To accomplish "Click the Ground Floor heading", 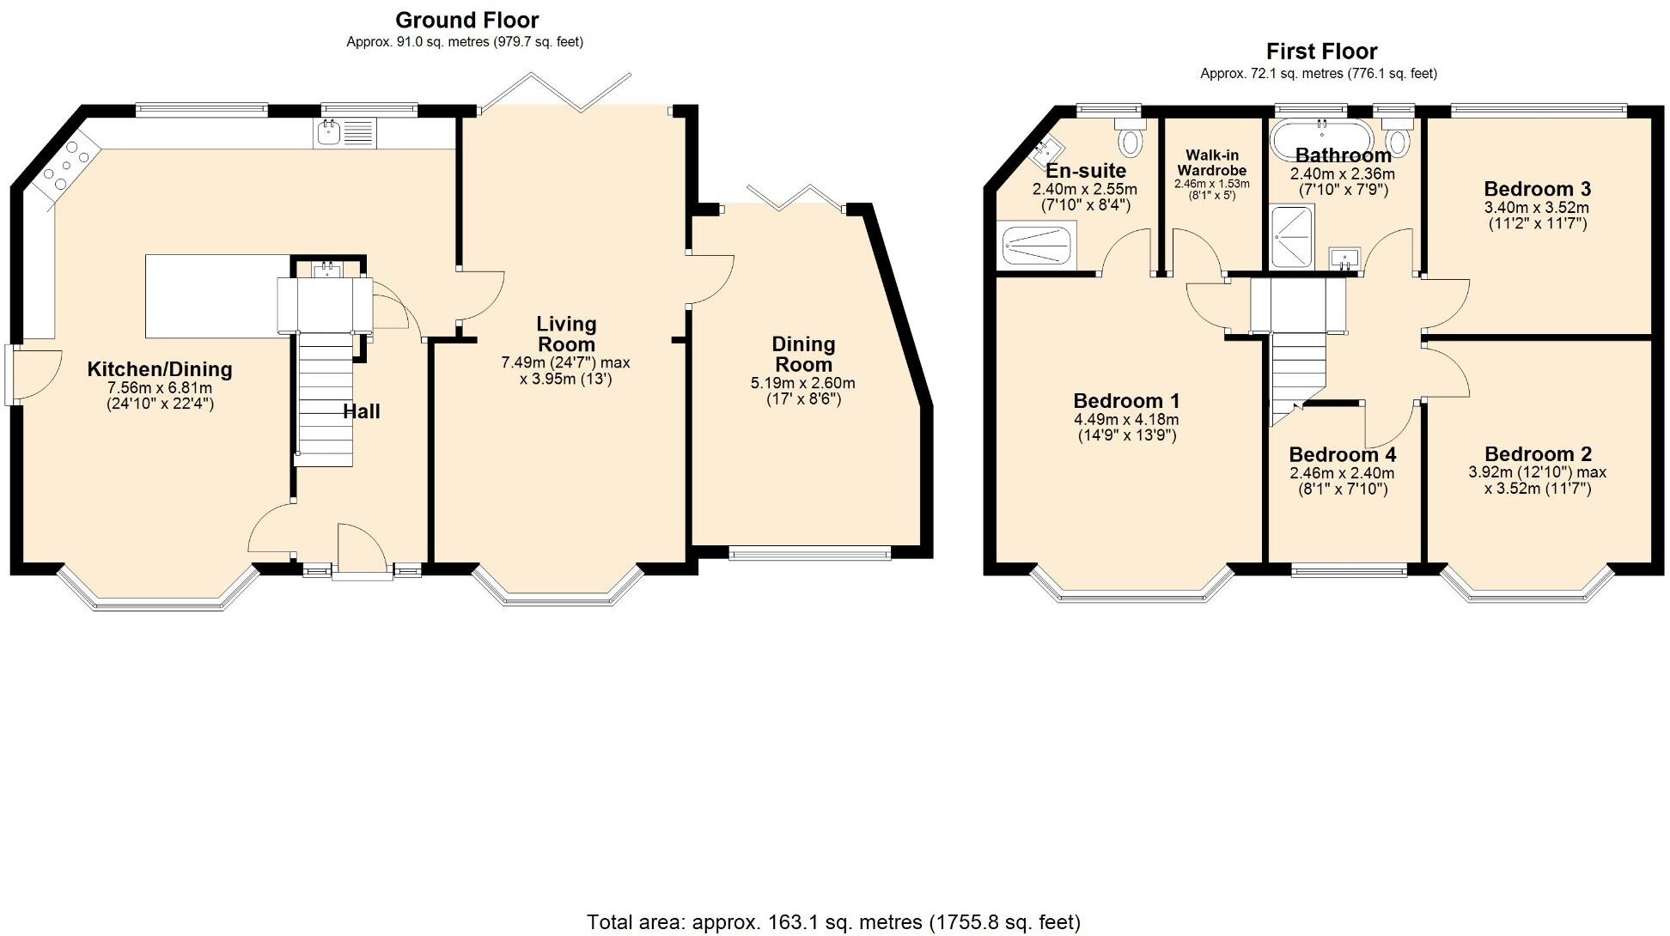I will click(466, 20).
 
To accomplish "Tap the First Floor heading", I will click(1321, 52).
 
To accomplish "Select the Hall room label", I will click(361, 411).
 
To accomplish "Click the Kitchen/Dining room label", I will click(160, 369).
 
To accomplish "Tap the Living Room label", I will click(565, 334).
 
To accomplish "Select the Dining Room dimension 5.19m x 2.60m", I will click(802, 383).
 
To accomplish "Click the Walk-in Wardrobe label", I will click(1211, 162).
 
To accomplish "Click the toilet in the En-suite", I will click(1131, 137).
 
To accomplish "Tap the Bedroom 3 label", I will click(1537, 189).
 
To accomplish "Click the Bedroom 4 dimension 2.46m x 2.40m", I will click(1342, 473).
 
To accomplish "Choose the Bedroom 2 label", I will click(1537, 454).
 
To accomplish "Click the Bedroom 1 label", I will click(1126, 401).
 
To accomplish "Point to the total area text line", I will click(833, 922).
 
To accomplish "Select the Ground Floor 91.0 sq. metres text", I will click(465, 41).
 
